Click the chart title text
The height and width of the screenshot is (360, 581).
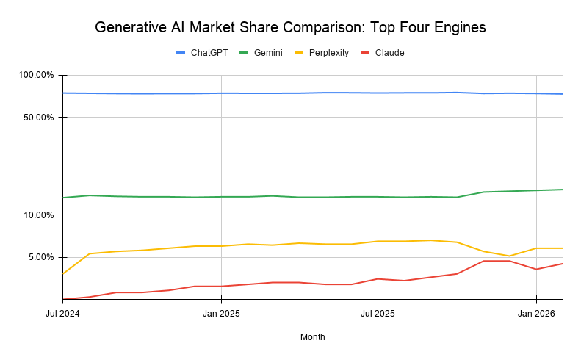(x=290, y=28)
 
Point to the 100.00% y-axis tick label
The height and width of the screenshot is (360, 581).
(x=36, y=75)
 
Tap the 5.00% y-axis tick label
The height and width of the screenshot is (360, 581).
(x=40, y=257)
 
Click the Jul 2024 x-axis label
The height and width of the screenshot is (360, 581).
(x=62, y=313)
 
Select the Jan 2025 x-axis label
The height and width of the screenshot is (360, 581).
(x=221, y=313)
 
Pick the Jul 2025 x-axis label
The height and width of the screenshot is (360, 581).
(x=378, y=313)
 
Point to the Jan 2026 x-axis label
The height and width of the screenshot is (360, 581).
(x=535, y=313)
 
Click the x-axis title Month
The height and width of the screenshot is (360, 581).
(x=312, y=337)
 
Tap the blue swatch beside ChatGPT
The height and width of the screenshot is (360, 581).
(x=181, y=53)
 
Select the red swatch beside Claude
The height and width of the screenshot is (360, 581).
(x=365, y=53)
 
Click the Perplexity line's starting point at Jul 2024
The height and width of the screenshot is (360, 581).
(x=63, y=273)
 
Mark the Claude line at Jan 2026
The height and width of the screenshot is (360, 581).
(x=535, y=269)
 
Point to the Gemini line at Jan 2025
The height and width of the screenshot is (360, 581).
(x=221, y=197)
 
